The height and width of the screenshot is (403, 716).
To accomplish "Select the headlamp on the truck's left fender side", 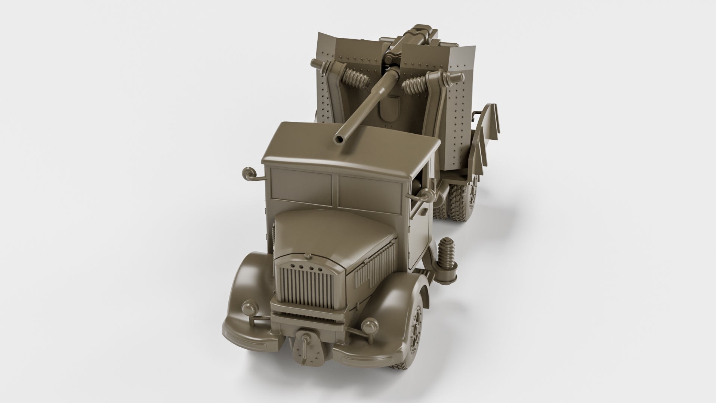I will point(247,308).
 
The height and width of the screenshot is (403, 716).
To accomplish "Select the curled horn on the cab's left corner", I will point(247,173).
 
